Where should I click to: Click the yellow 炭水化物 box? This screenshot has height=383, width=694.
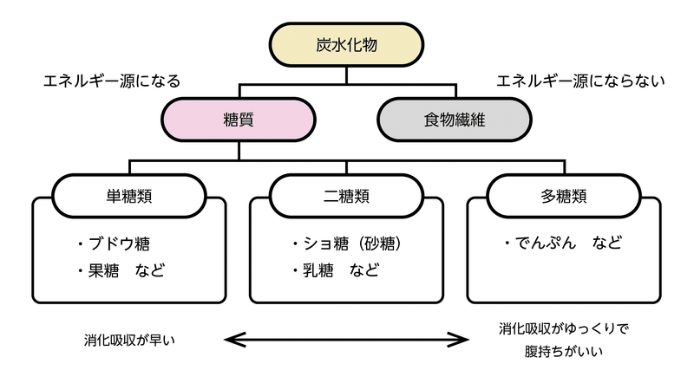pos(346,45)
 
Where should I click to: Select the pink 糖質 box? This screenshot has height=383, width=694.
pos(238,120)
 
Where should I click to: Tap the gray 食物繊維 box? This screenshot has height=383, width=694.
pos(455,120)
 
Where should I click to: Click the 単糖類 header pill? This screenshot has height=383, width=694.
pos(129,196)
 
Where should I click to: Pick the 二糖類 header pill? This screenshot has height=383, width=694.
pos(346,196)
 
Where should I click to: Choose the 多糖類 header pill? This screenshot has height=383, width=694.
pos(563,196)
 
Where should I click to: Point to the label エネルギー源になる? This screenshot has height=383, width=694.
pos(112,81)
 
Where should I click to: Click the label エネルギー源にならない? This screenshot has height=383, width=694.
pos(580,81)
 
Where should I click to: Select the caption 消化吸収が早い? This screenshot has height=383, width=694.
pos(129,340)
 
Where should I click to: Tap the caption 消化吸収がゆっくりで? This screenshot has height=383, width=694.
pos(564,328)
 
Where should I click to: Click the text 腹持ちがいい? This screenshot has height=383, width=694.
pos(564,352)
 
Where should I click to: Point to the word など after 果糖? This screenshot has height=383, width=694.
pos(150,270)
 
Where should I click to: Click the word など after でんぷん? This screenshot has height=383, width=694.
pos(607,243)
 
